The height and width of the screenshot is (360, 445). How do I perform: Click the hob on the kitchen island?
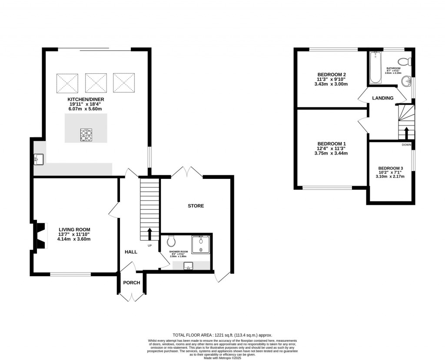point(86,135)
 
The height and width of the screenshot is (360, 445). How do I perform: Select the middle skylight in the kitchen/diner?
point(96,83)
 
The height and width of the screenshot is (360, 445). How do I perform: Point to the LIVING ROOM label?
point(74,230)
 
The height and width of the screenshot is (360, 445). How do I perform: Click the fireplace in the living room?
point(40,237)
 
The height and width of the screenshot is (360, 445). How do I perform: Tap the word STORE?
point(196,206)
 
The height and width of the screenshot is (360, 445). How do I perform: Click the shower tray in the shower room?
point(201,244)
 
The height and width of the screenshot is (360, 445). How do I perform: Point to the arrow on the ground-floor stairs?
point(150,234)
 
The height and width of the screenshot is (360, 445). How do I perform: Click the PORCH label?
point(132,283)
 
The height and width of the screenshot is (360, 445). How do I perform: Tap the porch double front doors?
point(131,297)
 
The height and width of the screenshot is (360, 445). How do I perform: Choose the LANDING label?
point(383,98)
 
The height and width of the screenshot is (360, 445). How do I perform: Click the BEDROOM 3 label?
point(390,168)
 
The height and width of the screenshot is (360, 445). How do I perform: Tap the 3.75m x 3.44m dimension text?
point(332,153)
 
